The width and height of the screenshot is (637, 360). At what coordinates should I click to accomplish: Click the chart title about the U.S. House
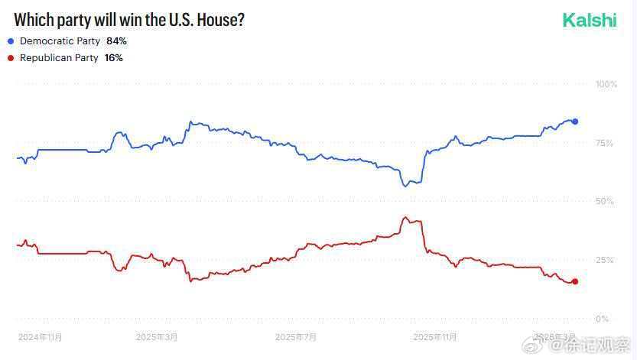point(129,20)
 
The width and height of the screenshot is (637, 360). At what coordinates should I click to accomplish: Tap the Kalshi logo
point(589,21)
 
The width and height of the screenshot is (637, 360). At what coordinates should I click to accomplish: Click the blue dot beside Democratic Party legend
point(11,41)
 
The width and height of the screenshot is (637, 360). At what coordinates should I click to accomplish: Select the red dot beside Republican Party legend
point(11,58)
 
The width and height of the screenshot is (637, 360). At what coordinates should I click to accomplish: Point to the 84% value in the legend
point(116,41)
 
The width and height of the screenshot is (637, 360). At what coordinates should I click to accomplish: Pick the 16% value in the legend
point(113,58)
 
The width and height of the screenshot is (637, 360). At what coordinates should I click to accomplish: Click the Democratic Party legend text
point(60,41)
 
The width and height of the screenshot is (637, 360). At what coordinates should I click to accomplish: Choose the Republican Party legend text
point(59,58)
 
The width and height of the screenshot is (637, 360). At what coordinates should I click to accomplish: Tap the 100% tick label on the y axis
point(606,83)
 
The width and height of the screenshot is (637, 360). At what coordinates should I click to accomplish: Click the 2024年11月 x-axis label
point(40,336)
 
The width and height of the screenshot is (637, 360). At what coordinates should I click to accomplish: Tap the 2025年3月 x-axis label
point(157,336)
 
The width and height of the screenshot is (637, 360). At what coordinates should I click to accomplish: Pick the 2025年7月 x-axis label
point(296,336)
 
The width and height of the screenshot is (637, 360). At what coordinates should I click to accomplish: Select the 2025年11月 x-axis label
point(435,336)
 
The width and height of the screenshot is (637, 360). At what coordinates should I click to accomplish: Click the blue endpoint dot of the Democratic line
point(575,122)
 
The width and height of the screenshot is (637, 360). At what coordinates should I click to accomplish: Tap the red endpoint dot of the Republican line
point(575,281)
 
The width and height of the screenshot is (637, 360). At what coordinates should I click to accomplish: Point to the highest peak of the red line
point(405,216)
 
